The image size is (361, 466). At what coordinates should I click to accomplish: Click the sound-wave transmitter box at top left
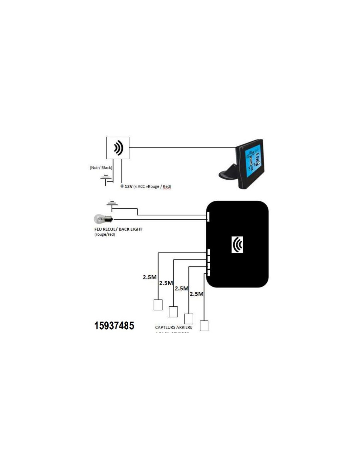[118, 148]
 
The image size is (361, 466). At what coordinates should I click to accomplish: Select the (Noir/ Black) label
[101, 167]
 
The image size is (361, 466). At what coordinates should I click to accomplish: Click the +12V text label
[127, 186]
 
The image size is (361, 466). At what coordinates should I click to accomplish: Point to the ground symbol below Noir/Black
[106, 179]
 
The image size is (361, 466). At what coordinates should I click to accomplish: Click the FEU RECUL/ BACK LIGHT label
[118, 229]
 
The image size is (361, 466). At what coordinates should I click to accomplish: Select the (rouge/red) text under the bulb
[105, 234]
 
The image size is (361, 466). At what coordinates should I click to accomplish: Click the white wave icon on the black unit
[237, 244]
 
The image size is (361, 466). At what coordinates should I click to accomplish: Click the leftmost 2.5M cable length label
[150, 277]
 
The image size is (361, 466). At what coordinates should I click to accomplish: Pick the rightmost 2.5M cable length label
[197, 294]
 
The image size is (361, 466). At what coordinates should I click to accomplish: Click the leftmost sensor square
[158, 305]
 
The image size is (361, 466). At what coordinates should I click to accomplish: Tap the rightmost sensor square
[204, 326]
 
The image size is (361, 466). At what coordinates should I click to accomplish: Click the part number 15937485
[114, 325]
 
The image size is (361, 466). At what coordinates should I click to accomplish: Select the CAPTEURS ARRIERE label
[174, 327]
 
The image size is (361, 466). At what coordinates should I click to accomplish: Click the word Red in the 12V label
[167, 186]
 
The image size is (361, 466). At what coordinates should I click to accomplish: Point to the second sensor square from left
[173, 312]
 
